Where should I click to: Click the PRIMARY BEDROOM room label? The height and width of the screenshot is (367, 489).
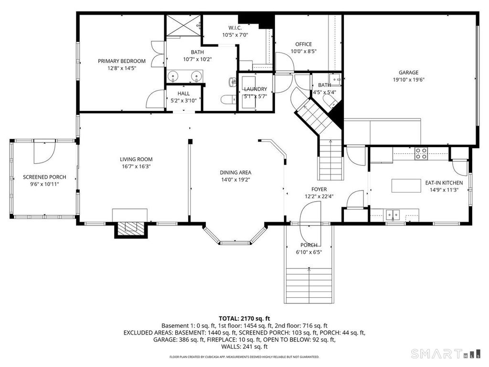click(121, 61)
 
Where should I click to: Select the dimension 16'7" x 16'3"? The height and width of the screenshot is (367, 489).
click(136, 166)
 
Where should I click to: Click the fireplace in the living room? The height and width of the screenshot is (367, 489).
click(130, 228)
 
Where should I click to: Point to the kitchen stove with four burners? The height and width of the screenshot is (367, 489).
click(421, 153)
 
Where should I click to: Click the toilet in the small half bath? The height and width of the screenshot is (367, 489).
click(329, 101)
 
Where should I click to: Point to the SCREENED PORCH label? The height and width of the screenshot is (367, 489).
click(44, 177)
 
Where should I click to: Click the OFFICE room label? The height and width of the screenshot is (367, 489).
click(303, 44)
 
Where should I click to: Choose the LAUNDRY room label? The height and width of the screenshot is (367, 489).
click(255, 89)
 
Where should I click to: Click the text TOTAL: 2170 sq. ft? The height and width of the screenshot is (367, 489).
click(244, 318)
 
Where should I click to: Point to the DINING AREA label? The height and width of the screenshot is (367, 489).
click(235, 173)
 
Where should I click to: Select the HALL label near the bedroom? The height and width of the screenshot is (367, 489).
click(184, 94)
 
